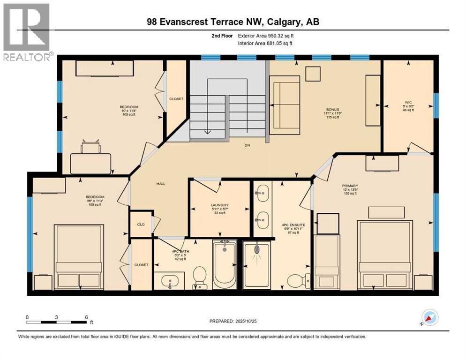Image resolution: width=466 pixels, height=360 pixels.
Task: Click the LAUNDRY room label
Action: click(x=219, y=205)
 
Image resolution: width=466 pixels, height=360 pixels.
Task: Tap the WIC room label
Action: click(x=408, y=101)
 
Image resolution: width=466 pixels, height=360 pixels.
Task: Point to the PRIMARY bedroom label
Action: click(x=350, y=186)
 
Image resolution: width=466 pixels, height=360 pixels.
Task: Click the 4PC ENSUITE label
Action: click(x=293, y=225)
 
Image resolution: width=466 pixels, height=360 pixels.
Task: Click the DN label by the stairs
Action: click(x=247, y=145)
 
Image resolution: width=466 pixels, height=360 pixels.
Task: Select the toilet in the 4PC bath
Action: click(x=200, y=277)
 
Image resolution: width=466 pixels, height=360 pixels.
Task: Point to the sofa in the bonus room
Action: click(x=284, y=98)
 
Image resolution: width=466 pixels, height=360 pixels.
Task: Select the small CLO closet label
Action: click(x=140, y=225)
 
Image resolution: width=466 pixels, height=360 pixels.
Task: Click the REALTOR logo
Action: click(x=26, y=32)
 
